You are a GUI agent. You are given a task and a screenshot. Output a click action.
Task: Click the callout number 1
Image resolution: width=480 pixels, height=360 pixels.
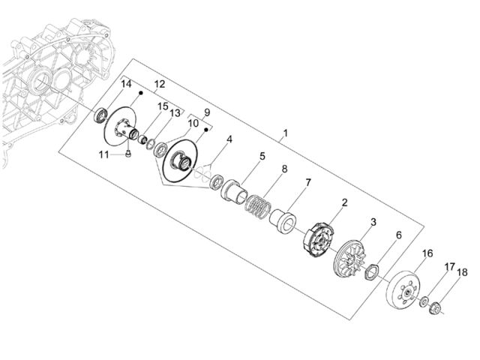point(285,133)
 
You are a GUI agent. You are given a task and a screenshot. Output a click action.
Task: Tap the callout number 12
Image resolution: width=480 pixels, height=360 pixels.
point(160,84)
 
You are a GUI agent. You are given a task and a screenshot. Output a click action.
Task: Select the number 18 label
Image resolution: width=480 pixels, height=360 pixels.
point(462,272)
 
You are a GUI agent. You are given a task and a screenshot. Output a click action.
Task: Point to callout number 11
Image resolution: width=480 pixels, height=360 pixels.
point(103,154)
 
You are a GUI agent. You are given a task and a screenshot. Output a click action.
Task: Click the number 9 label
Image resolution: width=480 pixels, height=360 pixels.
point(207,112)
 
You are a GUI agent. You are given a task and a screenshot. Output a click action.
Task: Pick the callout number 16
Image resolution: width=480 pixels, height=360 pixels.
point(427,253)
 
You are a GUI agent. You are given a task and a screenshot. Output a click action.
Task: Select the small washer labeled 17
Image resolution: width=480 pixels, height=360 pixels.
point(424,301)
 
